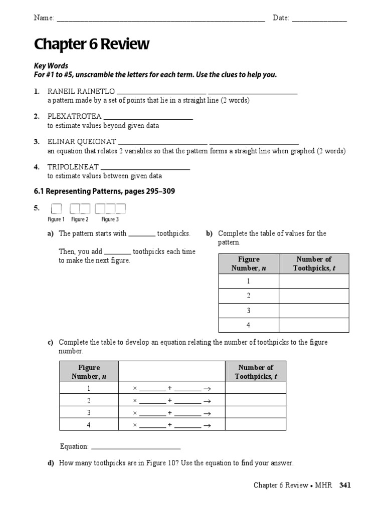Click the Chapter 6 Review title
point(91,45)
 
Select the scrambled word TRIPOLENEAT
point(73,166)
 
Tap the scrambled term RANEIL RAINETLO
point(81,91)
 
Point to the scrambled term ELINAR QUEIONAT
point(82,141)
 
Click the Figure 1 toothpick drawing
point(56,208)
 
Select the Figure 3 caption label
point(110,219)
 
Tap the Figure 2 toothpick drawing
point(80,208)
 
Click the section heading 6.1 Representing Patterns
point(104,191)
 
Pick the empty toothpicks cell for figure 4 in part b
point(314,325)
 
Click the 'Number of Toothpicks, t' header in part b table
point(314,264)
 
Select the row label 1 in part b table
point(248,281)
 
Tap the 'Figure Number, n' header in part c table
point(89,372)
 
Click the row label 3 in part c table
point(89,412)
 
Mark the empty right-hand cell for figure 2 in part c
point(255,400)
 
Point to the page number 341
point(345,485)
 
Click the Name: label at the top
point(44,18)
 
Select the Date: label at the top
point(281,18)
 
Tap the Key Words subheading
point(51,66)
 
